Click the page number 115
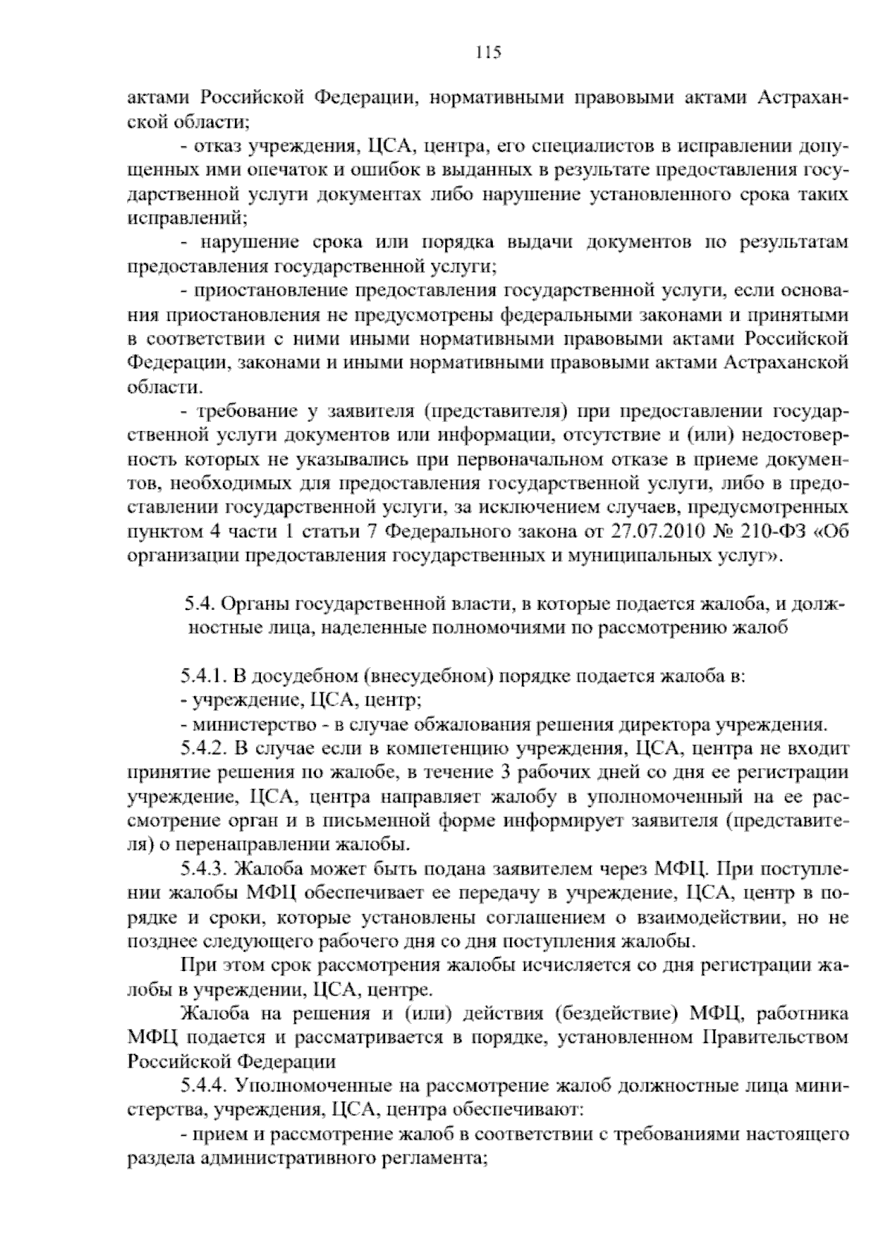point(489,52)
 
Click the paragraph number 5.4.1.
point(203,677)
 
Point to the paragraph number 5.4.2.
point(203,749)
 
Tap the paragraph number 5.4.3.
point(203,868)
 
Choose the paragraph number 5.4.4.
point(203,1085)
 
